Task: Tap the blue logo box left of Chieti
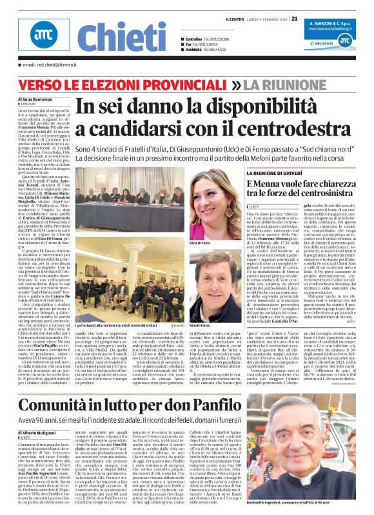43,38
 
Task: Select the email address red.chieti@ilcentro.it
48,65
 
